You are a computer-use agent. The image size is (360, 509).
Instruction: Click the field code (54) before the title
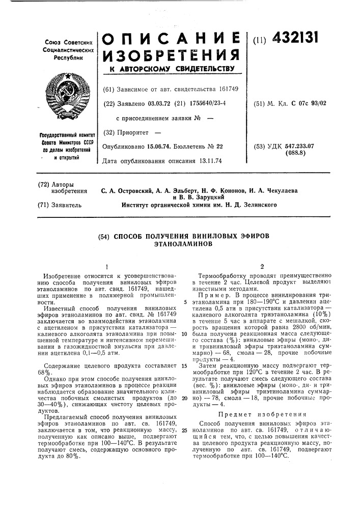coord(104,237)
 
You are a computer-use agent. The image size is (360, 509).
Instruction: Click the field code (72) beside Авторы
coord(43,183)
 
